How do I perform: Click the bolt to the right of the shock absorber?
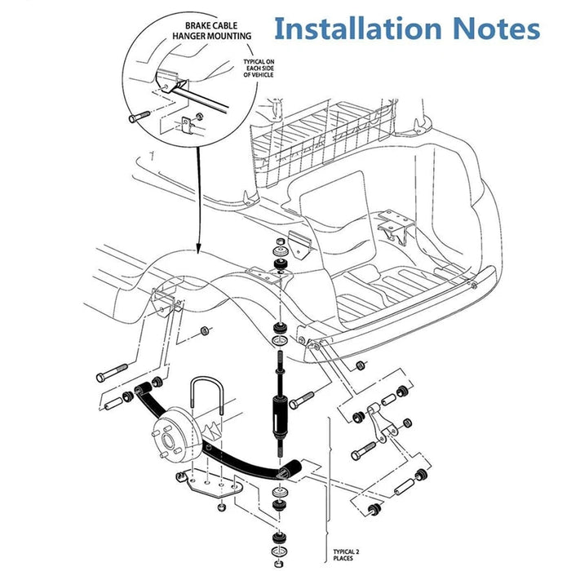(301, 400)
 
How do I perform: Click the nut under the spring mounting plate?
(220, 509)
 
